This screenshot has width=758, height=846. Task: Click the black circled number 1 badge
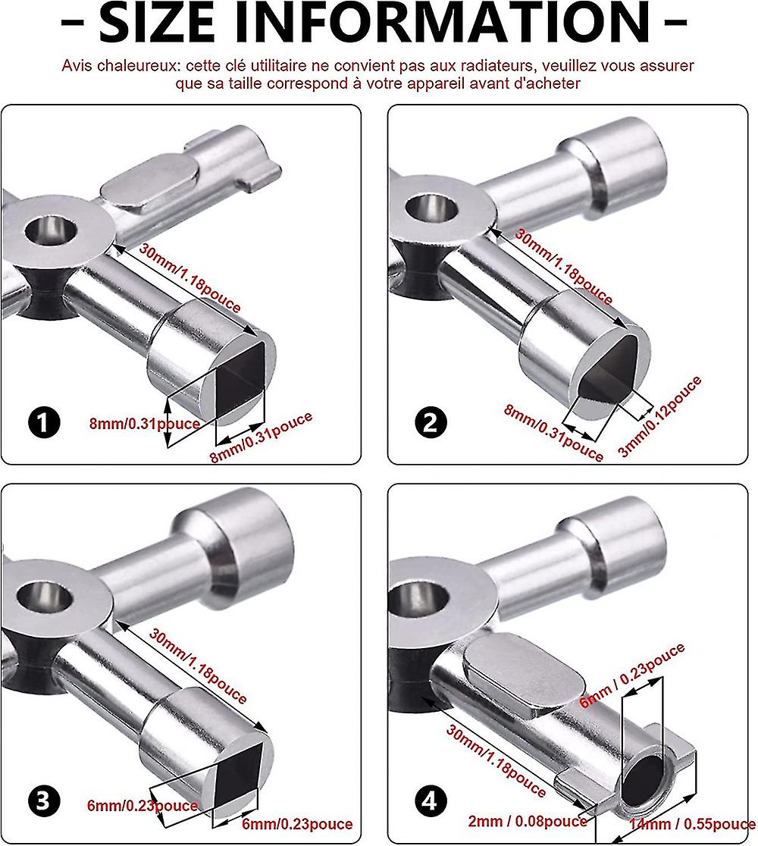coord(44,422)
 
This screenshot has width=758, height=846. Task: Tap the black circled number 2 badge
coord(431,422)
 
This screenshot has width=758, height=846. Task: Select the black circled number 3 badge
coord(44,801)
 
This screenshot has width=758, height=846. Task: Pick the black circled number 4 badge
coord(431,801)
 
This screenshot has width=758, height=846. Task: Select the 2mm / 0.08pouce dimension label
coord(527,821)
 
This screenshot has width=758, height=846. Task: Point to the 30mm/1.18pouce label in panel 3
coord(198,666)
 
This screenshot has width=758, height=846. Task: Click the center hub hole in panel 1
coord(51,230)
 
